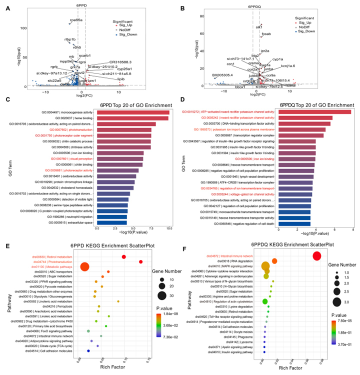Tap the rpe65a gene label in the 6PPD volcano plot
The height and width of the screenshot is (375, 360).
pos(76,19)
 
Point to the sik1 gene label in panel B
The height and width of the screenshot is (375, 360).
pos(259,26)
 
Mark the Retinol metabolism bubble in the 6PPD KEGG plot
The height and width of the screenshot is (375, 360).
pos(123,256)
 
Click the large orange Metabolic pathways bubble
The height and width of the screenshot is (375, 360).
pos(84,268)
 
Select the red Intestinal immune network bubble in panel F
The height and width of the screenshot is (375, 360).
pos(316,256)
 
